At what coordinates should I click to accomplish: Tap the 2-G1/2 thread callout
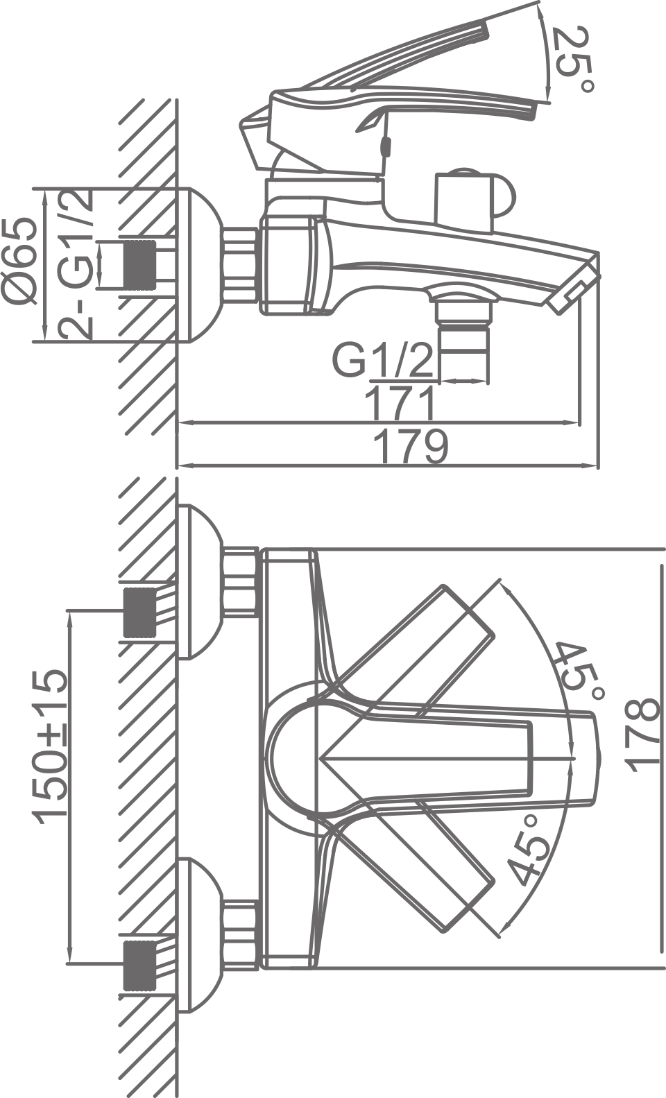click(x=76, y=264)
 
